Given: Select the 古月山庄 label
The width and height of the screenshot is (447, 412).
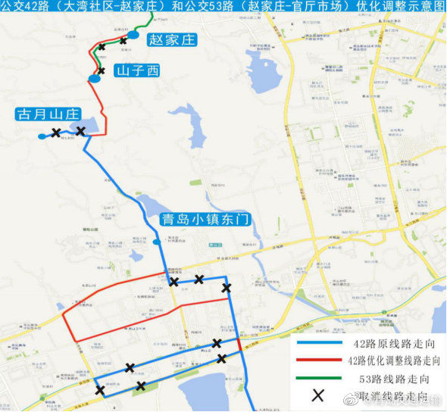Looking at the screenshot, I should pyautogui.click(x=48, y=114).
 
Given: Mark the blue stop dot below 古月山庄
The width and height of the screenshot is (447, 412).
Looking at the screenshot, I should pyautogui.click(x=42, y=136).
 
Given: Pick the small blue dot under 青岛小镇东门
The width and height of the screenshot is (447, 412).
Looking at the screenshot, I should pyautogui.click(x=156, y=242).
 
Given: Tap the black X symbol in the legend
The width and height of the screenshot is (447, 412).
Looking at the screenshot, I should pyautogui.click(x=319, y=395).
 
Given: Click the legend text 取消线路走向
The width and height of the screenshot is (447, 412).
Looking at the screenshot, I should pyautogui.click(x=387, y=395).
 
